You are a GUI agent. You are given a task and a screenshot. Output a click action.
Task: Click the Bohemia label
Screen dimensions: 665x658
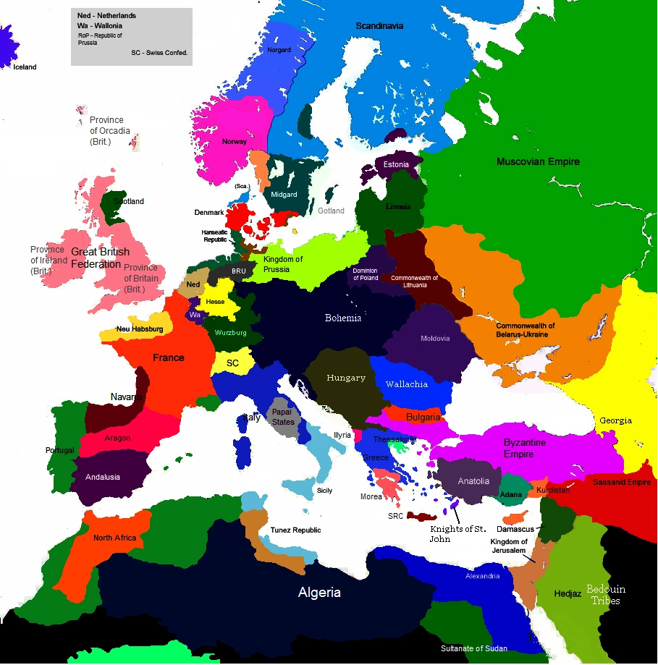click(x=343, y=318)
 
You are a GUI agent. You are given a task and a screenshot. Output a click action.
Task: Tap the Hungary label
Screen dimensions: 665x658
click(x=346, y=378)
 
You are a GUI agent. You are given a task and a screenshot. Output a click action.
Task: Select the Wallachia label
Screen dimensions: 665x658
click(x=406, y=384)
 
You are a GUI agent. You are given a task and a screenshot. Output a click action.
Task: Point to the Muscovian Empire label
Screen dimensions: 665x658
click(x=538, y=162)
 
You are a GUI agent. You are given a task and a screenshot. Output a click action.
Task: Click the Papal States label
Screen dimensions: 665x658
click(x=283, y=417)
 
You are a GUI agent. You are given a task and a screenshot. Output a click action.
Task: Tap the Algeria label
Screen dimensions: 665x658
click(x=319, y=593)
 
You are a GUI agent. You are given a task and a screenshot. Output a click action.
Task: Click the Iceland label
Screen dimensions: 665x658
click(x=25, y=67)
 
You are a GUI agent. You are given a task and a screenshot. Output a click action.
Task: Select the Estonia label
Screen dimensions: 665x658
click(x=396, y=164)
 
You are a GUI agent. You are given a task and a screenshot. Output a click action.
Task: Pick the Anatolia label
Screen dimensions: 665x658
click(x=473, y=481)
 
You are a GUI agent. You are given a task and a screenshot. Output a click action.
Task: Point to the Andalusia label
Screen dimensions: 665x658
click(x=103, y=477)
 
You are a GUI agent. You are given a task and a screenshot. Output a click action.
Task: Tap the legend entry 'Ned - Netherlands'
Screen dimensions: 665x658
click(x=106, y=15)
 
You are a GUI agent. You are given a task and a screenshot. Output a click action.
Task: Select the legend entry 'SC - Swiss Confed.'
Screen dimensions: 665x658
click(x=159, y=53)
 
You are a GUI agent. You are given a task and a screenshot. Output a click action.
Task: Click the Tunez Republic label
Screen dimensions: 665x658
click(x=295, y=530)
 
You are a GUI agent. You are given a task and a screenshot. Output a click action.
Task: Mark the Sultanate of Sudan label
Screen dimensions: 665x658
click(x=474, y=648)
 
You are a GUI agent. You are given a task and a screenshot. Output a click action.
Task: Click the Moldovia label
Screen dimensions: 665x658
click(x=435, y=338)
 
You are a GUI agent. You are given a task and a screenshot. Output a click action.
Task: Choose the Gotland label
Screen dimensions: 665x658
click(x=331, y=211)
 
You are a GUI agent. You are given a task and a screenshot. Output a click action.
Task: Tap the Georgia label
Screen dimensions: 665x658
click(x=615, y=420)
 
